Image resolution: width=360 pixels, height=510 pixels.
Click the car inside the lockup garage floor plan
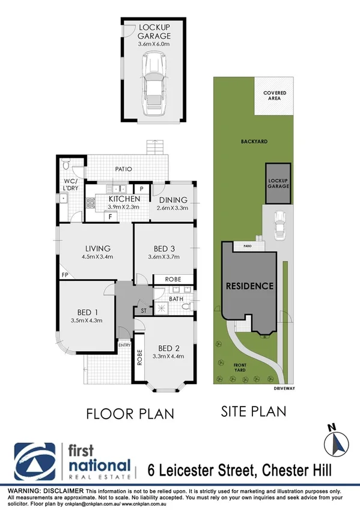153,84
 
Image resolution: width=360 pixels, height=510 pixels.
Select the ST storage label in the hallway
143,311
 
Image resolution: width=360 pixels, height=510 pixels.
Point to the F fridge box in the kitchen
110,217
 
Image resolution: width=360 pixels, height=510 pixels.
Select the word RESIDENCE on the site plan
250,286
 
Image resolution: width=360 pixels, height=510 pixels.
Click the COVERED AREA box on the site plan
274,96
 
